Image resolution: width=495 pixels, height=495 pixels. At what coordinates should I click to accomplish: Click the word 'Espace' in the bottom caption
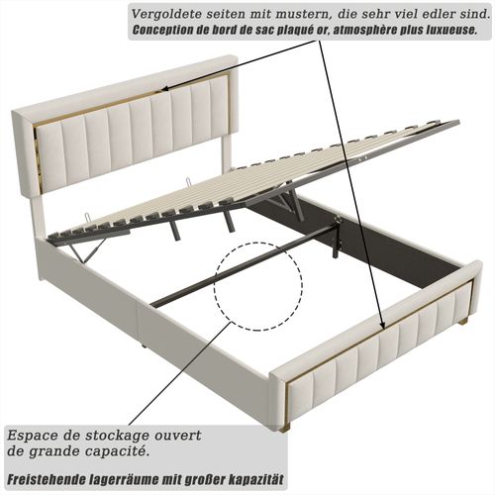pos(33,436)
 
